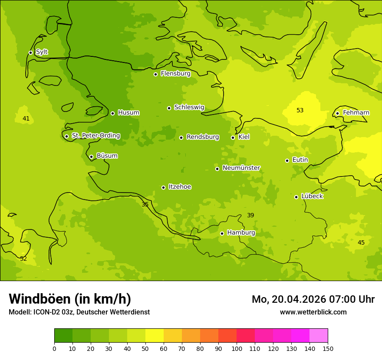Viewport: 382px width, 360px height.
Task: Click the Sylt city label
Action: [42, 52]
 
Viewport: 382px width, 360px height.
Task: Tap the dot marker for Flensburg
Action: [155, 74]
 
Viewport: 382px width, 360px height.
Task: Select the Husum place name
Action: [128, 113]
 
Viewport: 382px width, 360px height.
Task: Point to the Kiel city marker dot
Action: [233, 137]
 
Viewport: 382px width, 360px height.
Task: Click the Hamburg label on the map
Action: [241, 233]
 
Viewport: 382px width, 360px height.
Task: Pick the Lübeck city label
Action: [312, 196]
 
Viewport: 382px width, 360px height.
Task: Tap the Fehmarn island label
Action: [356, 113]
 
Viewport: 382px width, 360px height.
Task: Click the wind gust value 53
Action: [300, 111]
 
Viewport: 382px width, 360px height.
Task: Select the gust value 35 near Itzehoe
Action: [145, 204]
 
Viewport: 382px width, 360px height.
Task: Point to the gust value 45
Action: [361, 243]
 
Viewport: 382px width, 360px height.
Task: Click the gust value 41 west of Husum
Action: [26, 119]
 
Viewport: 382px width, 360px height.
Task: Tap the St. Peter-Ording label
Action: [95, 136]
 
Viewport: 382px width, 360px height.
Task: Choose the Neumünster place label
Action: [241, 168]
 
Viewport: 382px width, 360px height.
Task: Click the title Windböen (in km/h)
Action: [70, 299]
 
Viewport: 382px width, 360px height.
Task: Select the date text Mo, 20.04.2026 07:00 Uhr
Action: [313, 299]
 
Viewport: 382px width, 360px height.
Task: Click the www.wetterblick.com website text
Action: [313, 312]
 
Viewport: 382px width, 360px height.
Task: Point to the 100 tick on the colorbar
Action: [237, 348]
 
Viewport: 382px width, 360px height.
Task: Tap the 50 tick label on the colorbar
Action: [145, 348]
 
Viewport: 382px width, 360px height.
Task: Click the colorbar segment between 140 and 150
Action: [319, 336]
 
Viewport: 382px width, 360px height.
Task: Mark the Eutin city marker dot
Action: [287, 160]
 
